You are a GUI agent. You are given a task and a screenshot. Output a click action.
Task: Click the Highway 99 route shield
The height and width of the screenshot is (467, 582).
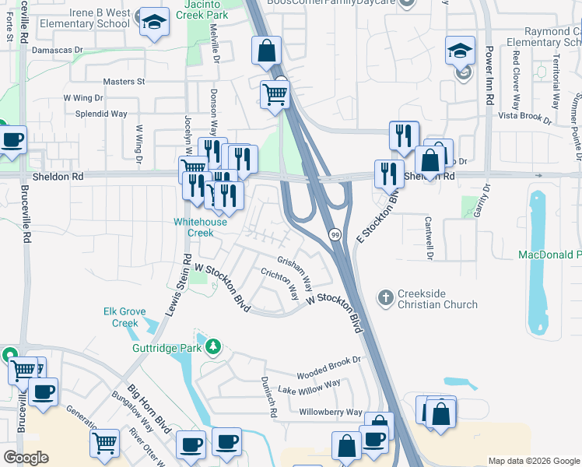[x=334, y=234]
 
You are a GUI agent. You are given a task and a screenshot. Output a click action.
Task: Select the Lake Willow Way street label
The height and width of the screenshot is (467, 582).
[x=310, y=385]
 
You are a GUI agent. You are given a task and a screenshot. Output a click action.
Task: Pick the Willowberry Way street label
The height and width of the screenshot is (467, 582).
[x=331, y=412]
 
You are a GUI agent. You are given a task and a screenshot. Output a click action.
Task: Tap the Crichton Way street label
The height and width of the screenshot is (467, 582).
[x=279, y=284]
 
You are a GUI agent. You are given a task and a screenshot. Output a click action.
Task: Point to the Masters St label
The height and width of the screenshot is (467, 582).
[x=124, y=81]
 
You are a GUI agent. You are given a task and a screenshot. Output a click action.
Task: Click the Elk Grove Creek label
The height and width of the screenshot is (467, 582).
[x=125, y=317]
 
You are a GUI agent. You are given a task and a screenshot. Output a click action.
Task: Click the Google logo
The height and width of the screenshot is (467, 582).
[x=26, y=458]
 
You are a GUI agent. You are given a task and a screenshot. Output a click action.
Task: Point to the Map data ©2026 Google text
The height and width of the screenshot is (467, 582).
[x=533, y=461]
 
